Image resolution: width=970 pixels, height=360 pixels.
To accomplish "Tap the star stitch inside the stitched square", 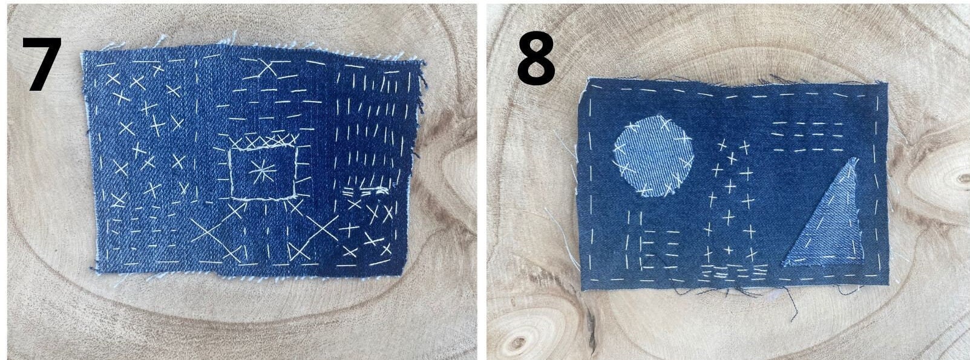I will point(262,172).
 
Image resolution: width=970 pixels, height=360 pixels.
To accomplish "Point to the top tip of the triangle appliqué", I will point(855,159).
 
